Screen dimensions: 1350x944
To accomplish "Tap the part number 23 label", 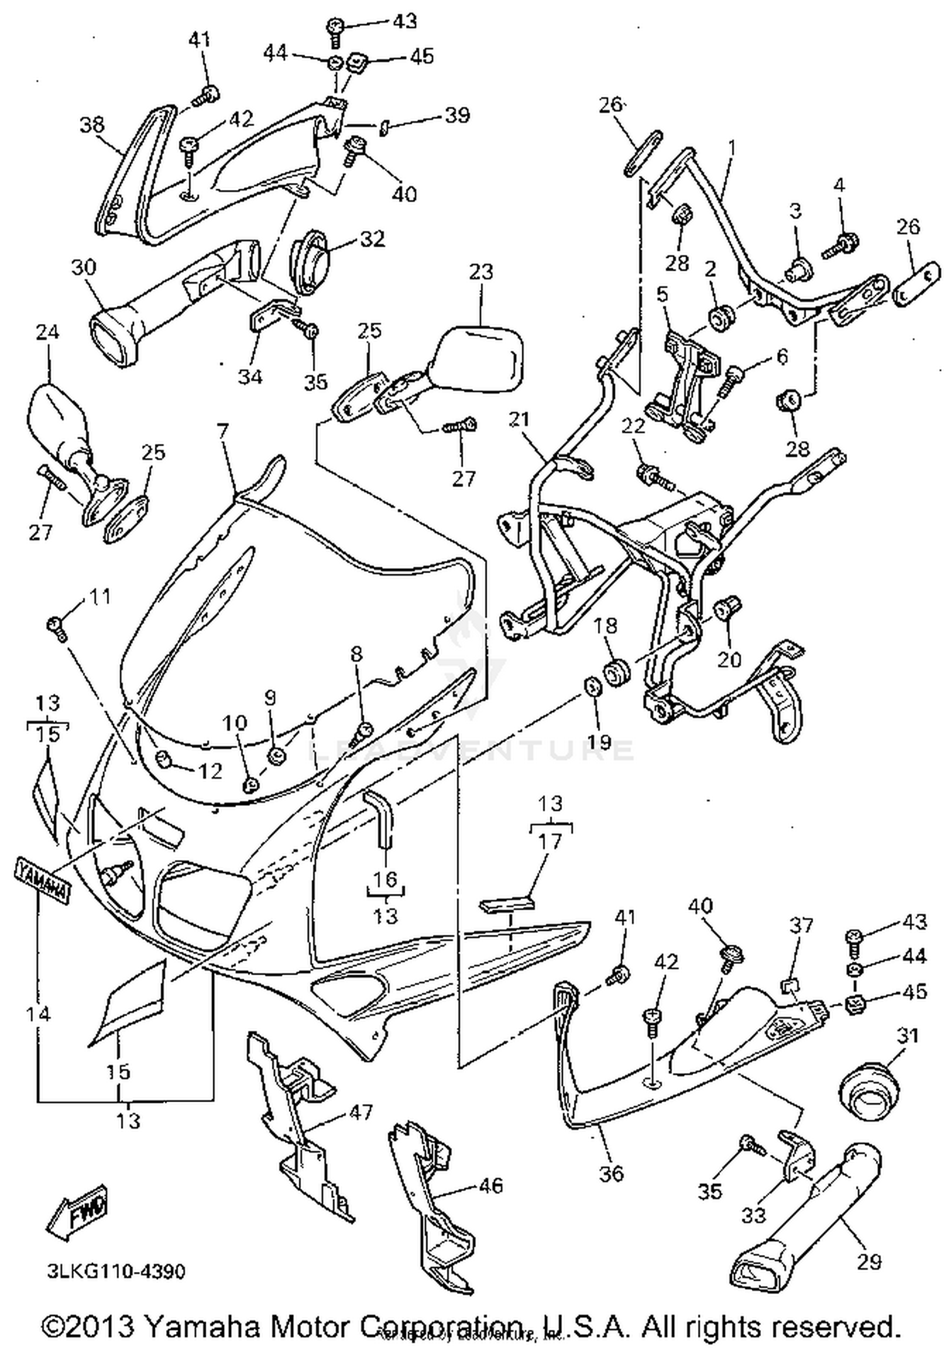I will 481,272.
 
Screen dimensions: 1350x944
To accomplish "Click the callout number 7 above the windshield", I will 223,432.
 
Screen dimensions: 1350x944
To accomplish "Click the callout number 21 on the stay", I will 519,420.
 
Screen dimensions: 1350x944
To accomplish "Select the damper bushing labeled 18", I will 616,671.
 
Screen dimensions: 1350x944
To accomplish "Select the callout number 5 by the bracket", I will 662,294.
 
